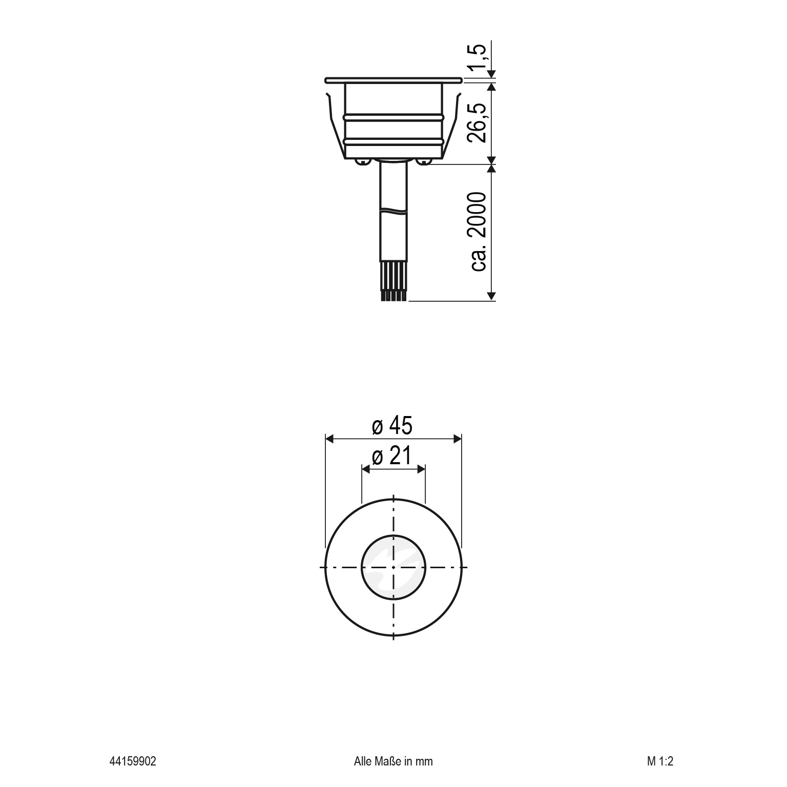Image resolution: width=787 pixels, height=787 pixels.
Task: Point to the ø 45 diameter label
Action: [392, 425]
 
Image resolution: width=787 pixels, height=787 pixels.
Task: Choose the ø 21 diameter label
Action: [392, 455]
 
